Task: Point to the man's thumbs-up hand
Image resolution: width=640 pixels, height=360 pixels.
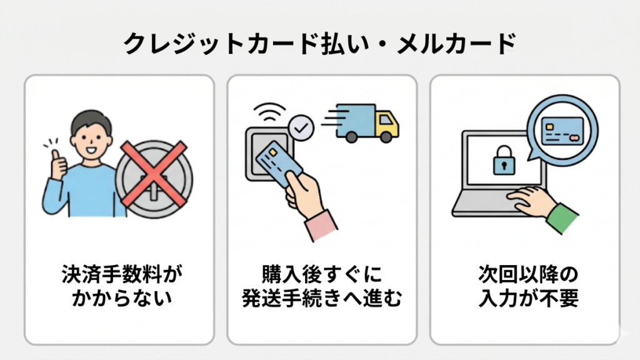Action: [x=58, y=164]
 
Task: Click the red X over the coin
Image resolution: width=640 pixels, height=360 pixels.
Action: [x=154, y=174]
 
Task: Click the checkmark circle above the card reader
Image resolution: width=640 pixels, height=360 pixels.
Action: [x=301, y=128]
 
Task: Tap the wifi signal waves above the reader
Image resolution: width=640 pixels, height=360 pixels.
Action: [x=269, y=112]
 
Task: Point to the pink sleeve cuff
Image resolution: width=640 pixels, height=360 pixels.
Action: [x=321, y=225]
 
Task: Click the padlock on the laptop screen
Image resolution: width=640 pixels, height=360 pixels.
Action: [x=504, y=161]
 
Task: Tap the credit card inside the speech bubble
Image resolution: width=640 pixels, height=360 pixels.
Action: [x=562, y=131]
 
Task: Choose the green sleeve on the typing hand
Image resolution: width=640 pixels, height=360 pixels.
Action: [x=562, y=218]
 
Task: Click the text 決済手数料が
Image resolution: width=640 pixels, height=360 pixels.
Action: [x=122, y=274]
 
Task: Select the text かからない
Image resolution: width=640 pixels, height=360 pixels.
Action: [x=122, y=298]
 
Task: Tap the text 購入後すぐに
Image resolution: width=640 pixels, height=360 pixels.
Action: [x=322, y=274]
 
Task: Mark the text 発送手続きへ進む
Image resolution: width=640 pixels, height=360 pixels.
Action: [x=322, y=298]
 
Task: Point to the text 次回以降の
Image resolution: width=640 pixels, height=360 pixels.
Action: [x=528, y=274]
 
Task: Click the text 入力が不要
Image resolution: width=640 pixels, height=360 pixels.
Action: [x=528, y=298]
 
